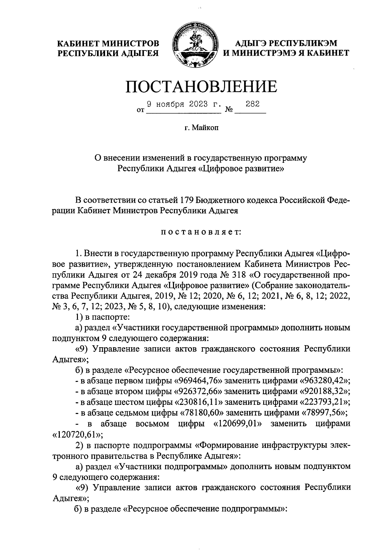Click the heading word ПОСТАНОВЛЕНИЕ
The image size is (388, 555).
pyautogui.click(x=201, y=86)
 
